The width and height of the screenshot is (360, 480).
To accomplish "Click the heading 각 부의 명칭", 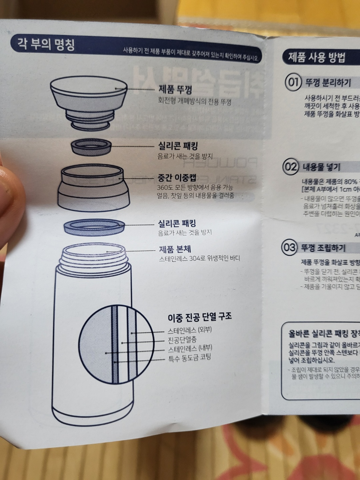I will (46, 44).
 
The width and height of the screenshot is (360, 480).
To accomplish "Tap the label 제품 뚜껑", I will (175, 89).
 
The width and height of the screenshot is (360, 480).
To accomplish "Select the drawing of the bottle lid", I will (89, 101).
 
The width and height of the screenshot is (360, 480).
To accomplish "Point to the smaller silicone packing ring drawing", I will (91, 147).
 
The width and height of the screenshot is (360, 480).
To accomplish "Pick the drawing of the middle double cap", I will (93, 189).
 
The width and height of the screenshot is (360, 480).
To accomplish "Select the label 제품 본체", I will (175, 249).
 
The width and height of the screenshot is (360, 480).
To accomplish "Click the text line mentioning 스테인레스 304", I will (199, 258).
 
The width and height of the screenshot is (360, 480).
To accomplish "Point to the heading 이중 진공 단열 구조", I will (200, 317).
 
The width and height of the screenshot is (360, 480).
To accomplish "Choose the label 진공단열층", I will (182, 340).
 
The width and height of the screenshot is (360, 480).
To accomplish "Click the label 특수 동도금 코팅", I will (189, 358).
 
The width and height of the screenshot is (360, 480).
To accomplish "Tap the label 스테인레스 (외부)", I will (189, 330).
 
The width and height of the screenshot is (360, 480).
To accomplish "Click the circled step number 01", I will (293, 82).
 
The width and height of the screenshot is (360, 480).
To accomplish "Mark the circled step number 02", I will (290, 166).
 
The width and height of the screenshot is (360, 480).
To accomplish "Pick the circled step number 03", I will (289, 247).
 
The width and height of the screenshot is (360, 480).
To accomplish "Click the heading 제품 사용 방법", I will (317, 58).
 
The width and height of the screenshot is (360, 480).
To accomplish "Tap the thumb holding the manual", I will (10, 193).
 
